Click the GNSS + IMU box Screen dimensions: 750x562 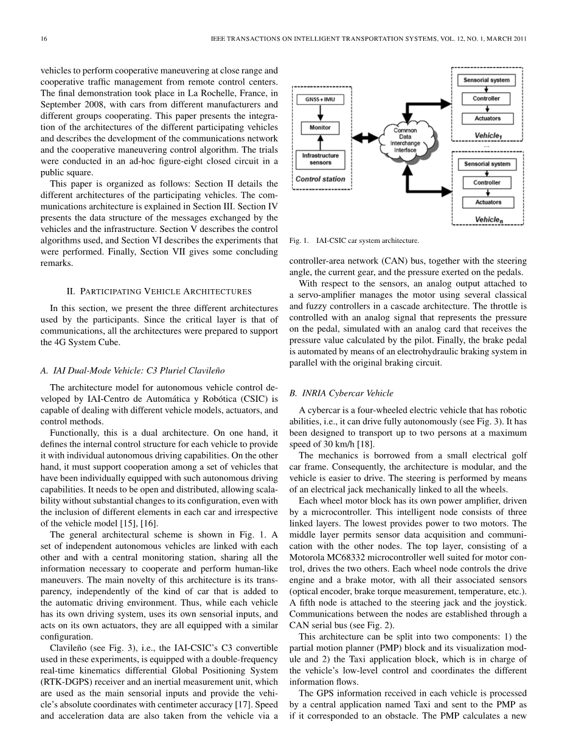(x=320, y=98)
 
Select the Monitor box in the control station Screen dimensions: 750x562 (x=320, y=128)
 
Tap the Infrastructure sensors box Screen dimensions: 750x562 (x=320, y=159)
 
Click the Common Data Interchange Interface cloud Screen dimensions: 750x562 (x=404, y=140)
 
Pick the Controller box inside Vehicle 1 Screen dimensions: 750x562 (x=487, y=99)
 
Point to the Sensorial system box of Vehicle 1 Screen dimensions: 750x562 (x=487, y=80)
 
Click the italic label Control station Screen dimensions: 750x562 (x=320, y=180)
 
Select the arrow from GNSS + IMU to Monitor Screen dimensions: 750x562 (x=320, y=113)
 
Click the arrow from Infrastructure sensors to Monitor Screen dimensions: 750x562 (x=320, y=143)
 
